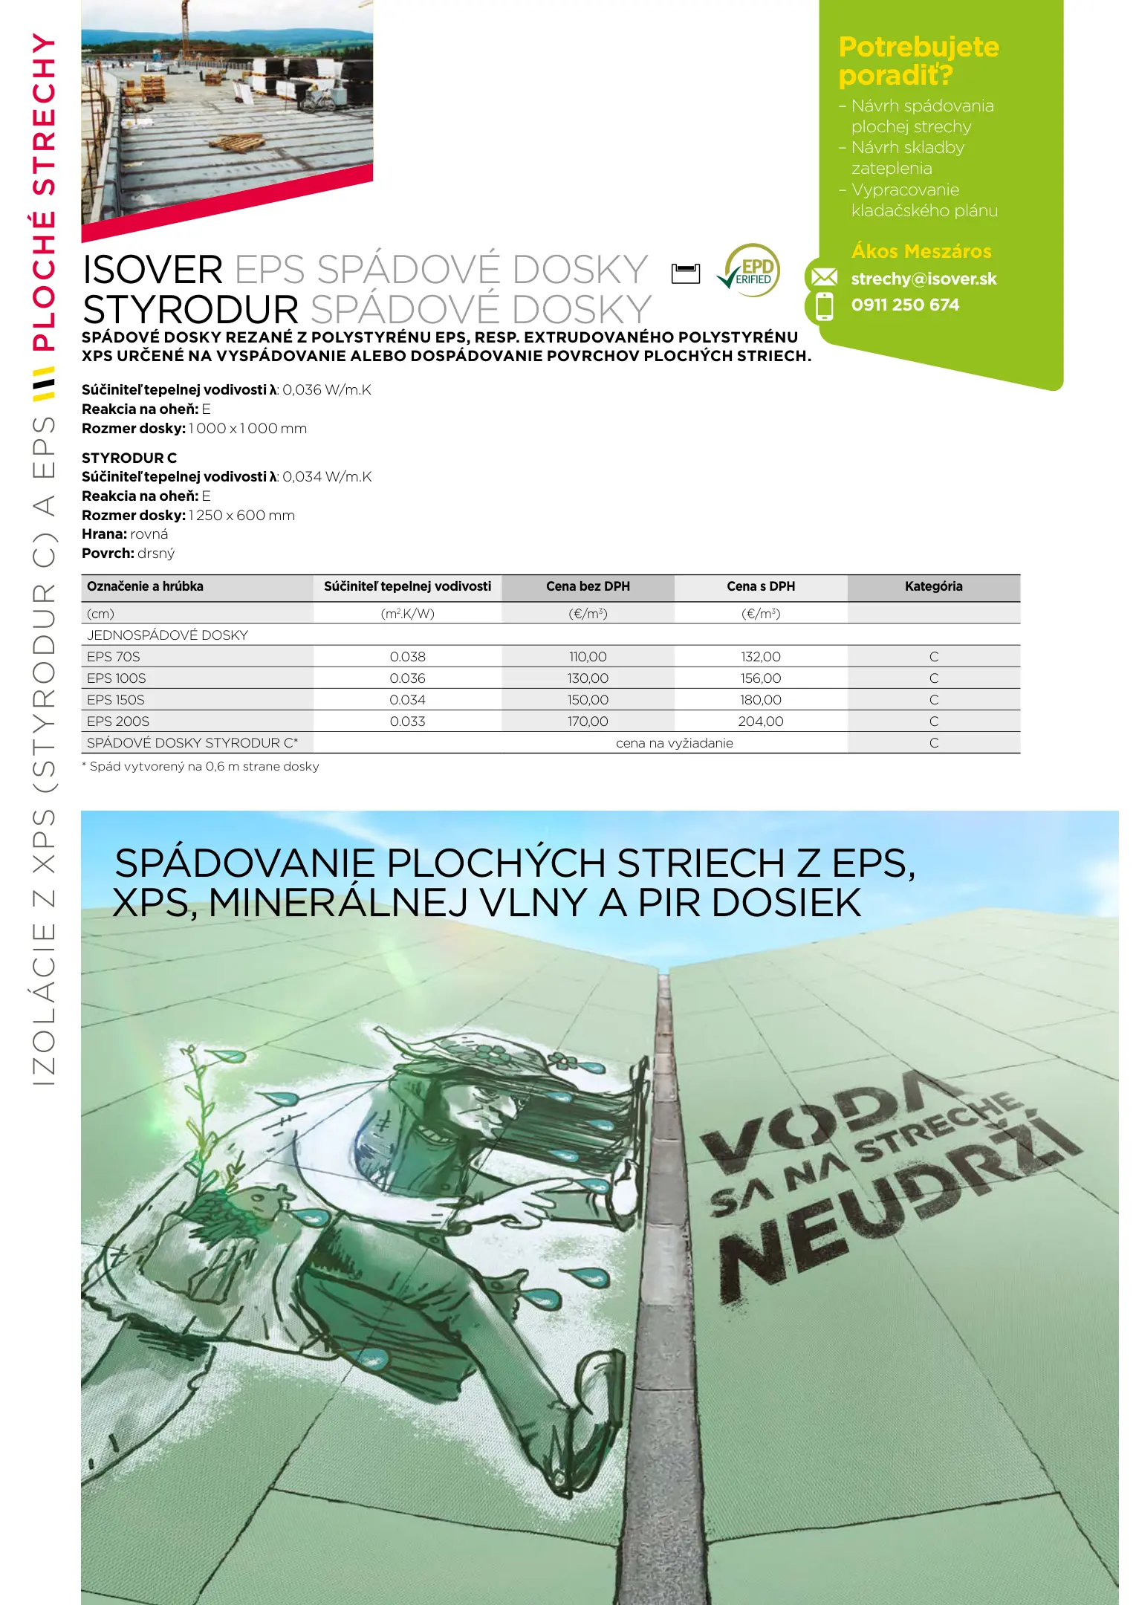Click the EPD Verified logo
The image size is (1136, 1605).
[x=750, y=271]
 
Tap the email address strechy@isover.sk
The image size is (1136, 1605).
[x=924, y=279]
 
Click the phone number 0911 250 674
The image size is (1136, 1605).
[x=905, y=305]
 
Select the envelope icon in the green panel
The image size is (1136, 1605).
[x=823, y=278]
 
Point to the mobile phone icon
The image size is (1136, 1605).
[x=824, y=306]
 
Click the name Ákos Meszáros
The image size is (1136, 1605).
[x=921, y=251]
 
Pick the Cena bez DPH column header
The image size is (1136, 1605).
[x=588, y=586]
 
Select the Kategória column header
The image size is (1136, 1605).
[x=933, y=586]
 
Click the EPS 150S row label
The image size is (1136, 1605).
[x=116, y=700]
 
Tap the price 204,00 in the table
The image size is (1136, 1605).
[x=760, y=722]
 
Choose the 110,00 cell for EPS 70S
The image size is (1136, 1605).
[x=588, y=657]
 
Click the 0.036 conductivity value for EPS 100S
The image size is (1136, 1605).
[x=407, y=678]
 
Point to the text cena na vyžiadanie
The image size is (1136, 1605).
[x=674, y=743]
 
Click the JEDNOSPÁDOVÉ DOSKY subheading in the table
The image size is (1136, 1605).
[x=167, y=635]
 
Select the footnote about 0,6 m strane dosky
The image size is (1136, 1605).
[x=201, y=767]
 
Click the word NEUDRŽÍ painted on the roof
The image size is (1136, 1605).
[x=892, y=1204]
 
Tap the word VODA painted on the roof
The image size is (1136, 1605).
[x=817, y=1115]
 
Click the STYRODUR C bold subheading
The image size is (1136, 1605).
[x=129, y=458]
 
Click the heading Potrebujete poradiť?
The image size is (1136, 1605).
[x=918, y=61]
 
